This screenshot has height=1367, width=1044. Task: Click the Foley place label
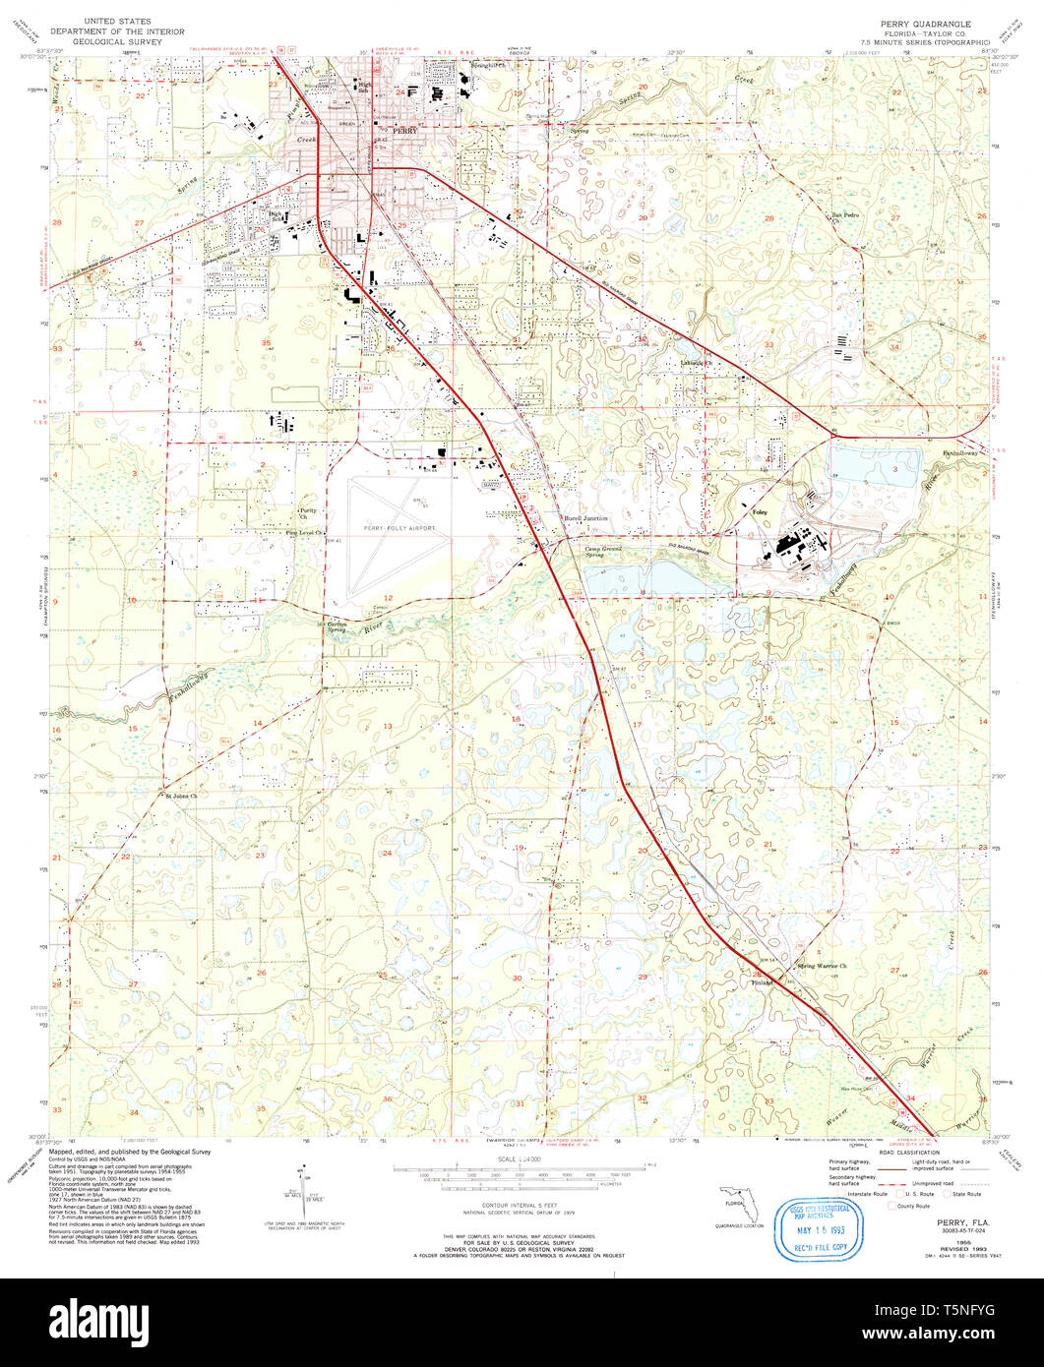tap(759, 513)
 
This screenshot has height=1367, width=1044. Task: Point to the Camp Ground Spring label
tap(605, 553)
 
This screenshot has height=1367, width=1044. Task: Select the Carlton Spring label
tap(338, 625)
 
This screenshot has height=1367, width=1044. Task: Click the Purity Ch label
tap(309, 513)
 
